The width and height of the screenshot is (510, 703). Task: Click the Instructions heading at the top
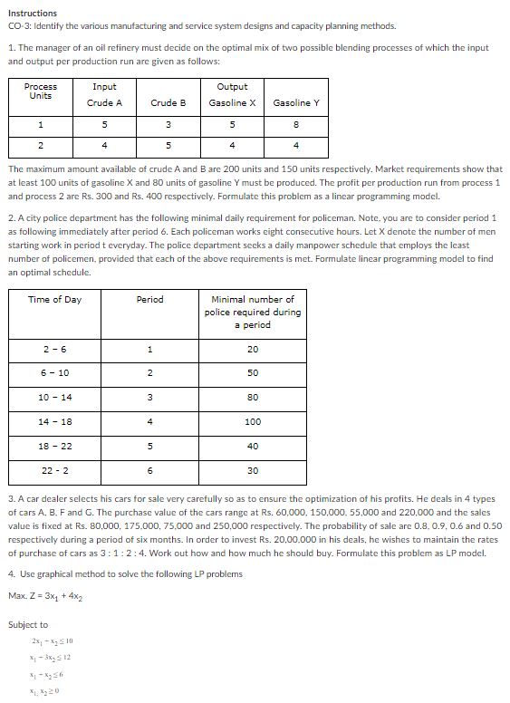click(x=33, y=14)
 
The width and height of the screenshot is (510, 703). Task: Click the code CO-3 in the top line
click(x=20, y=26)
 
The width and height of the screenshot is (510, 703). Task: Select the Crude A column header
click(x=104, y=103)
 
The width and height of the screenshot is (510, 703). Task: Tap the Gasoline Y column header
click(x=296, y=103)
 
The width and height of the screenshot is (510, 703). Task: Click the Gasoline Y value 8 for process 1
click(x=296, y=125)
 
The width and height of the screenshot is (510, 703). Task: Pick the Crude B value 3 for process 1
click(x=168, y=125)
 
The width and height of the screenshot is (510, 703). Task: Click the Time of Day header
click(x=54, y=300)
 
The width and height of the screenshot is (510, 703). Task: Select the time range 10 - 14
click(x=55, y=397)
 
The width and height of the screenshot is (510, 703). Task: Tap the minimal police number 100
click(x=253, y=422)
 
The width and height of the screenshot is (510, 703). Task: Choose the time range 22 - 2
click(x=55, y=470)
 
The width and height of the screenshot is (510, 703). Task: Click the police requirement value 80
click(x=253, y=397)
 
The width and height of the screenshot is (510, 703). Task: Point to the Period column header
click(x=149, y=300)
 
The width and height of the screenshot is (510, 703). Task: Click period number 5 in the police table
click(x=149, y=446)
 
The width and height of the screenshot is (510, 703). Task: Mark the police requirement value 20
click(x=253, y=349)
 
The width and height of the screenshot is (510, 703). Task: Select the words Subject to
click(x=28, y=625)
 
